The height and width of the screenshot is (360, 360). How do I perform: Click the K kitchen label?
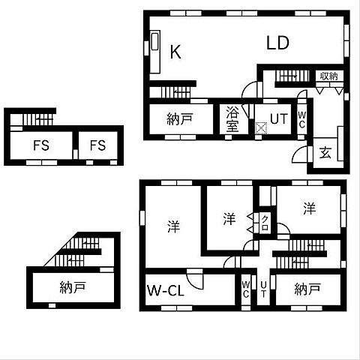(x=175, y=52)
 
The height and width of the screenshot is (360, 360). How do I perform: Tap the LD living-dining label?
(x=278, y=43)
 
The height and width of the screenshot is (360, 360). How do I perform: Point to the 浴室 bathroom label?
(x=232, y=119)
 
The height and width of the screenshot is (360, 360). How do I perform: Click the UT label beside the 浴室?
(x=278, y=118)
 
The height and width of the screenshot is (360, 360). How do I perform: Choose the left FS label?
(x=40, y=145)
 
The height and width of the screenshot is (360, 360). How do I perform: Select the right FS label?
(x=98, y=145)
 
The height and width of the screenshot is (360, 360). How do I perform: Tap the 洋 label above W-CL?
(x=173, y=225)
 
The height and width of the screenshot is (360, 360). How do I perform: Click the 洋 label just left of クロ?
(x=229, y=219)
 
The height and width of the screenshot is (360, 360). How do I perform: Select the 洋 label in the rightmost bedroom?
(x=310, y=210)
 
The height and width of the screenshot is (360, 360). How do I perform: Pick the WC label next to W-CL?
(x=246, y=289)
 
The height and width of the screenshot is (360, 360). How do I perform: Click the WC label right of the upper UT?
(x=301, y=119)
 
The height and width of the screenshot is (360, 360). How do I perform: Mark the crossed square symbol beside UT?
(x=261, y=127)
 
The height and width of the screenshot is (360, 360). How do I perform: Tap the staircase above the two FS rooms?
(x=37, y=118)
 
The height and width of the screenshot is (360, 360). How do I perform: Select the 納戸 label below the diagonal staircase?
(x=72, y=286)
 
